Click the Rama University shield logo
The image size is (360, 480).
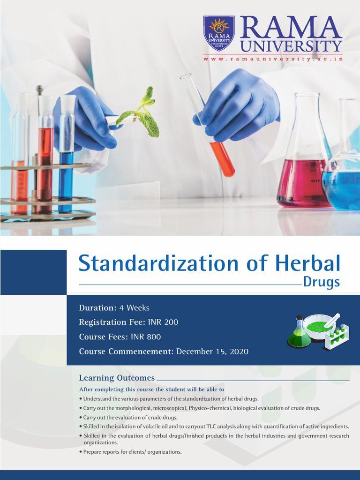pos(219,33)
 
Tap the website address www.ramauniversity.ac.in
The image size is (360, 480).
pos(272,59)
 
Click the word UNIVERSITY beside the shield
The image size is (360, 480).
pos(291,46)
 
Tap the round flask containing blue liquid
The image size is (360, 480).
pos(345,183)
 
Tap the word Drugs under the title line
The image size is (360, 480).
pos(321,282)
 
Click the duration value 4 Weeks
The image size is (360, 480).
pos(134,308)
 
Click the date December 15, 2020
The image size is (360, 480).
pos(212,352)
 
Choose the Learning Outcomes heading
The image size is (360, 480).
pos(117,378)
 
